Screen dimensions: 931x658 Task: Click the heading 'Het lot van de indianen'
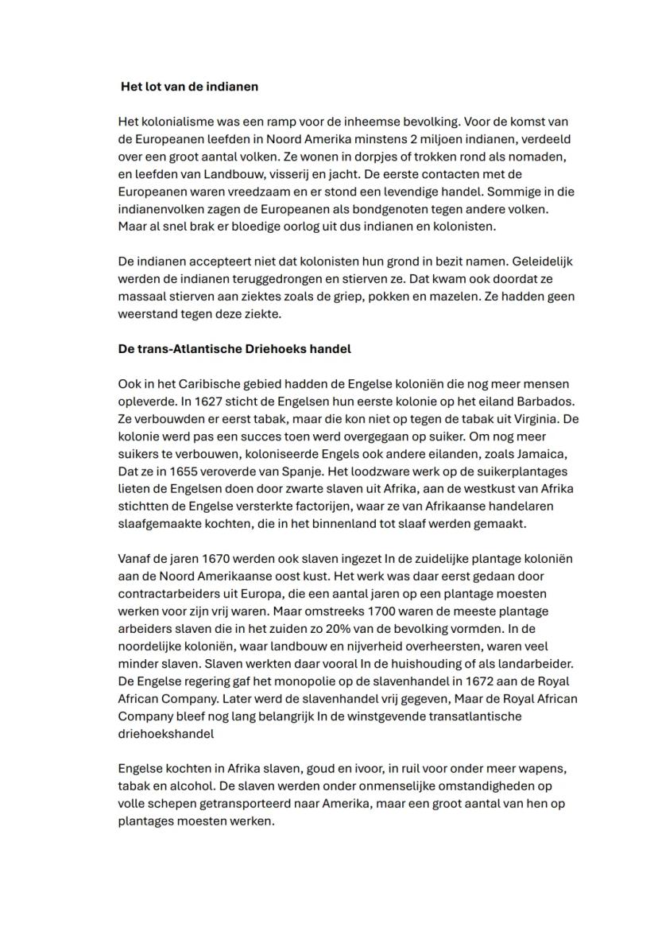coord(189,87)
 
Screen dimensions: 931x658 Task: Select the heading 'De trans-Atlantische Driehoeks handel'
coord(234,349)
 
